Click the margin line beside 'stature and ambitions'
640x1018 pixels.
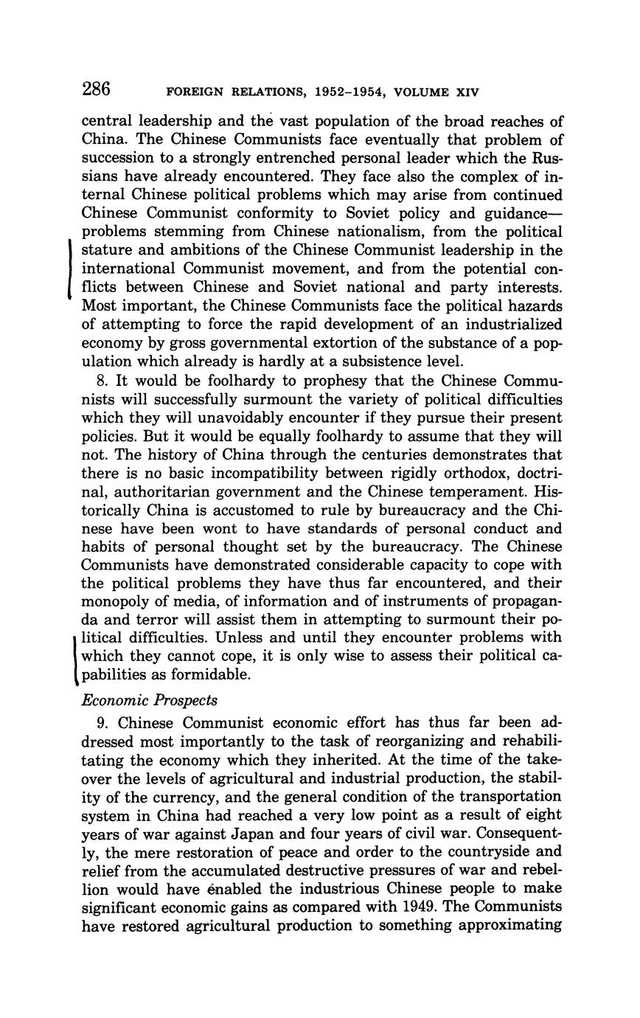coord(69,269)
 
